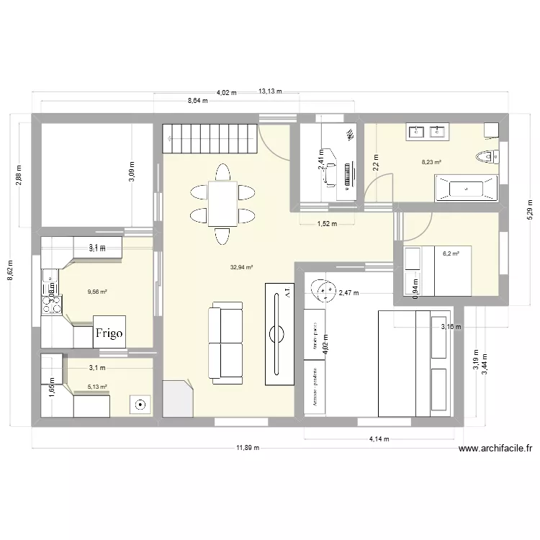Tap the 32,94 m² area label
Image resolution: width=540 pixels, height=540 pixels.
pos(242,268)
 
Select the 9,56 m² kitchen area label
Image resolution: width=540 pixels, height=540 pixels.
pos(97,292)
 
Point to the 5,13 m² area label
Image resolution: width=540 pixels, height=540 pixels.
pos(97,387)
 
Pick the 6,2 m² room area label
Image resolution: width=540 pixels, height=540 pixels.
pos(451,253)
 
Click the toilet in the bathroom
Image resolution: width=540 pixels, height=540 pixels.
pos(488,156)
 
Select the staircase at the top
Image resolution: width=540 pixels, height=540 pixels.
pos(210,139)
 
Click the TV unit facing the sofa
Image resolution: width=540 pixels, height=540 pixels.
pos(279,333)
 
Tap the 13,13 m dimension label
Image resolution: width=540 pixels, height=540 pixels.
pos(270,91)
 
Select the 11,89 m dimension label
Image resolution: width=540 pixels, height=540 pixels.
pos(247,448)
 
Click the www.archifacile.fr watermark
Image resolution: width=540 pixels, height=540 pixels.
pos(496,448)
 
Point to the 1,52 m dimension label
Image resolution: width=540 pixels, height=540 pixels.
pos(328,224)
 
